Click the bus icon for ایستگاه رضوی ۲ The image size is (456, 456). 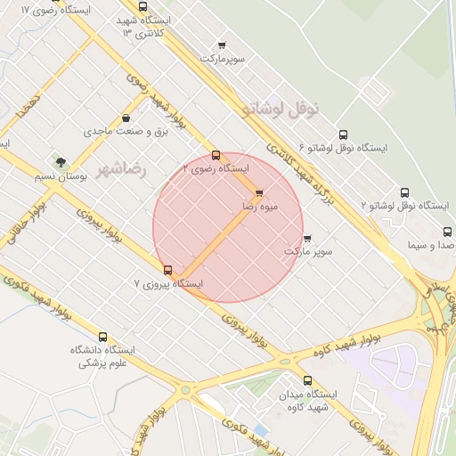point(216,155)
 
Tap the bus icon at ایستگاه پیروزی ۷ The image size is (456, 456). point(167,270)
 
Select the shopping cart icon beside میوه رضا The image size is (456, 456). point(259,192)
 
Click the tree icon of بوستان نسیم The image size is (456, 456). point(61,162)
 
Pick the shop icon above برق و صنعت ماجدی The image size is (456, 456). point(126,118)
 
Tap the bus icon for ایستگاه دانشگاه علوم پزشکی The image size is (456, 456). point(103,338)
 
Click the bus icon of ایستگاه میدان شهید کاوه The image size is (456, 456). point(308,380)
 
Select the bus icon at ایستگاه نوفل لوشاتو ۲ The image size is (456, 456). point(406,192)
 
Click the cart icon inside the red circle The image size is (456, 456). point(307,238)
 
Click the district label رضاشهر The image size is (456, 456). point(121,168)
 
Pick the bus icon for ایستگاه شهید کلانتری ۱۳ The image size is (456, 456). point(143,7)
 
